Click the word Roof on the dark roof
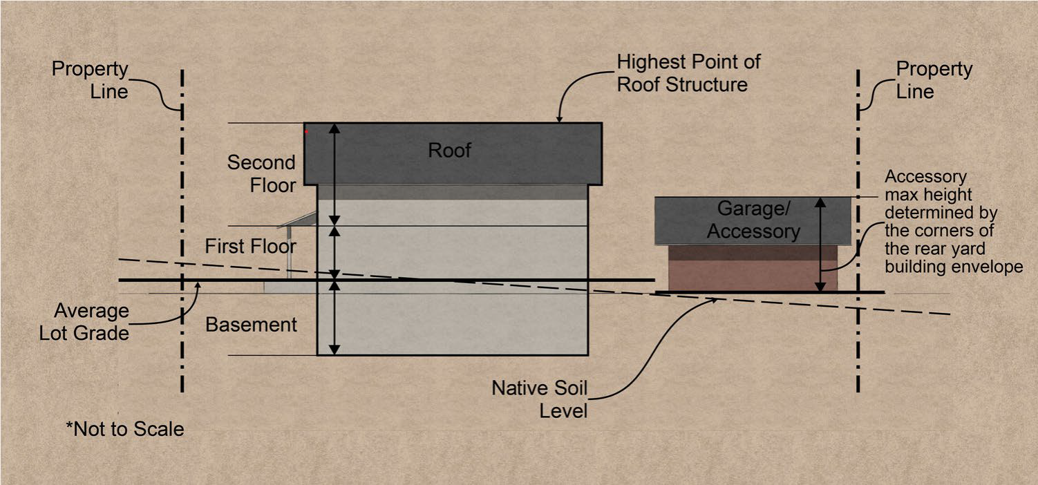click(449, 151)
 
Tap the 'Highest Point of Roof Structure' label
click(688, 73)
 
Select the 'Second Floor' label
click(261, 173)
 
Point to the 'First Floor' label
click(251, 246)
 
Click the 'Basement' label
click(252, 325)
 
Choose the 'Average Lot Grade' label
click(93, 322)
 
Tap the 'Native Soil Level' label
click(539, 399)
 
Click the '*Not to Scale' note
click(125, 429)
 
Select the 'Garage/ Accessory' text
click(753, 220)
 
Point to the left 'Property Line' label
click(91, 80)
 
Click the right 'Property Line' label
click(934, 80)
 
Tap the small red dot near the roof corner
click(306, 131)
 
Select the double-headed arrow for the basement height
click(334, 317)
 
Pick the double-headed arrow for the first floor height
click(334, 252)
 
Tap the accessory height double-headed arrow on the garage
click(820, 244)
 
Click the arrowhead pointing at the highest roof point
click(558, 119)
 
